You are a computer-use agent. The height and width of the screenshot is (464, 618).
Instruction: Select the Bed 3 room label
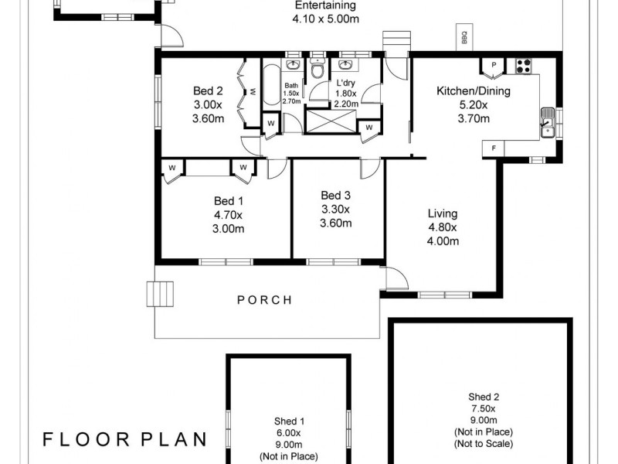(x=335, y=210)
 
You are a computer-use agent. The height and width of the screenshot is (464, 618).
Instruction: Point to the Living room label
(x=443, y=227)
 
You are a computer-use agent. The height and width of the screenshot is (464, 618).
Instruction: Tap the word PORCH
(x=265, y=300)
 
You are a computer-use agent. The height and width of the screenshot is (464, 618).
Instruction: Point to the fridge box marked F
(x=492, y=147)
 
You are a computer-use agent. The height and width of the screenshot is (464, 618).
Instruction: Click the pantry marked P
(x=492, y=67)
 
